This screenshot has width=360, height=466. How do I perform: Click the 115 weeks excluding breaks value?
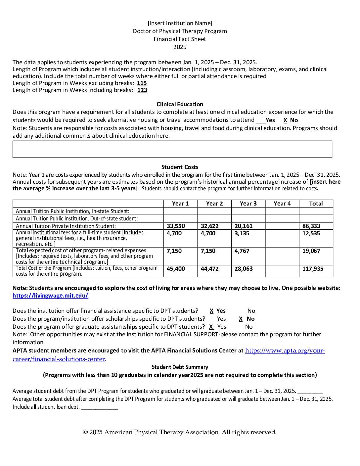(x=142, y=83)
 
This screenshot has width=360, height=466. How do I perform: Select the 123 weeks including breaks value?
(x=142, y=90)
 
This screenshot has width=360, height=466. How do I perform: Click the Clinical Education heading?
(x=180, y=104)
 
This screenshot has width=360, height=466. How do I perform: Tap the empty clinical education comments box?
(x=172, y=149)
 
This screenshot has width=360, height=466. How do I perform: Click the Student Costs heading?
(x=180, y=167)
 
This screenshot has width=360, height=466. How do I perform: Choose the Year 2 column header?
(x=214, y=204)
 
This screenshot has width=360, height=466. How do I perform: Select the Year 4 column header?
(x=282, y=204)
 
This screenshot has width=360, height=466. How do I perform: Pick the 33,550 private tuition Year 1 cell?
(x=176, y=226)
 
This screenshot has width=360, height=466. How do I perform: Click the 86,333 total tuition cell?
(x=311, y=226)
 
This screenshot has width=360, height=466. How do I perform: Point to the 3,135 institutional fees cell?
(x=242, y=233)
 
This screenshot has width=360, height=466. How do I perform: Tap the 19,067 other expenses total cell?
(x=311, y=251)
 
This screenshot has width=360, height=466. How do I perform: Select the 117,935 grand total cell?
(x=313, y=269)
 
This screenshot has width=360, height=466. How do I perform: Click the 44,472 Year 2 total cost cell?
(x=209, y=269)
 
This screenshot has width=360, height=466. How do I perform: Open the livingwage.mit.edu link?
(x=50, y=296)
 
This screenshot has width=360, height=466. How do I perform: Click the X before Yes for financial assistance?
(x=211, y=311)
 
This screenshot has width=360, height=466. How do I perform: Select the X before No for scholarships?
(x=241, y=319)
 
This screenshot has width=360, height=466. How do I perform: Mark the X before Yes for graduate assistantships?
(x=211, y=327)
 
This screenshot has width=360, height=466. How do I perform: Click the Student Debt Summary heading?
(x=180, y=367)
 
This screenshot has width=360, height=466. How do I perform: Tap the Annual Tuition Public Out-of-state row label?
(x=77, y=218)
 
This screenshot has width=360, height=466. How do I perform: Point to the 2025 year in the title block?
(x=180, y=47)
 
